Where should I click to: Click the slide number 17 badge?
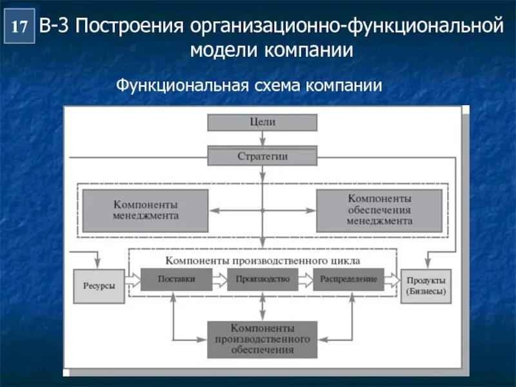coord(19,26)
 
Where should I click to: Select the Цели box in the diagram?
coord(262,122)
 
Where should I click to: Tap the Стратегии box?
coord(262,156)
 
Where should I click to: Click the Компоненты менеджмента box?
coord(146,210)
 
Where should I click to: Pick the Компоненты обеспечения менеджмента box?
coord(379,210)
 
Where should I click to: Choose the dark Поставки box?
coord(176,279)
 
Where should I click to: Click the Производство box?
coord(263,279)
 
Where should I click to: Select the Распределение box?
coord(348,279)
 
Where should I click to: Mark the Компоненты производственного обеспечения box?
coord(262,339)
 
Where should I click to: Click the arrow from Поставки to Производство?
coord(219,279)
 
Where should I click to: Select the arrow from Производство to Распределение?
coord(305,279)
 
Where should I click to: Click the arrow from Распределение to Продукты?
coord(392,279)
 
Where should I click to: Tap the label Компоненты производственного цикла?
coord(263,260)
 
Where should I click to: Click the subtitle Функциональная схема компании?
coord(249,85)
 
